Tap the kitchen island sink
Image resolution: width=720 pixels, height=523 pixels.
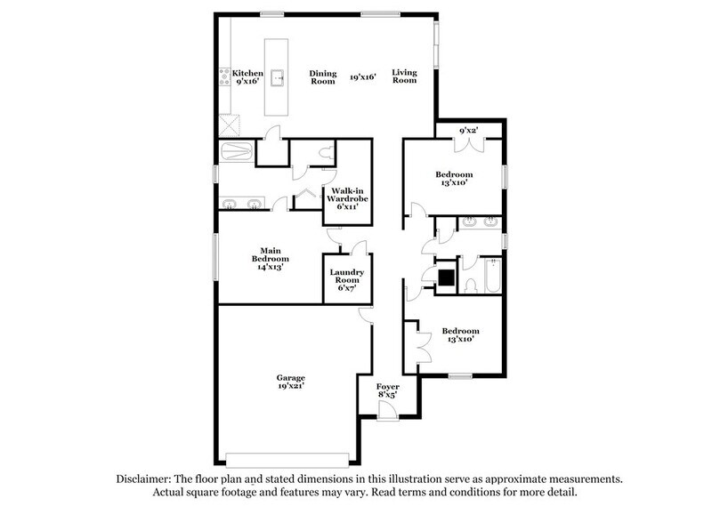click(278, 77)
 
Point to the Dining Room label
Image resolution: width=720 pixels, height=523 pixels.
click(322, 77)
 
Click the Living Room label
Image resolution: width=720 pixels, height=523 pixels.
click(405, 77)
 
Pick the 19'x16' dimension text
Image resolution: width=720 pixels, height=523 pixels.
click(363, 77)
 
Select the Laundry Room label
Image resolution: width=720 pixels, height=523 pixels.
click(346, 278)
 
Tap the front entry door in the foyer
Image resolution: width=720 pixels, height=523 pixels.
click(386, 411)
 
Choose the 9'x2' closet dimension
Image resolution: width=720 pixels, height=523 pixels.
click(469, 131)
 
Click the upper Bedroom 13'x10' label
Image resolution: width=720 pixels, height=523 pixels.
click(454, 179)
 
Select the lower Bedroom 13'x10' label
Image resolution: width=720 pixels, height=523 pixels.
click(461, 334)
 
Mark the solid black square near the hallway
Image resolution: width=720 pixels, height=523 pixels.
click(446, 278)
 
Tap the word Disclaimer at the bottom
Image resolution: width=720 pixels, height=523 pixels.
click(146, 479)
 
